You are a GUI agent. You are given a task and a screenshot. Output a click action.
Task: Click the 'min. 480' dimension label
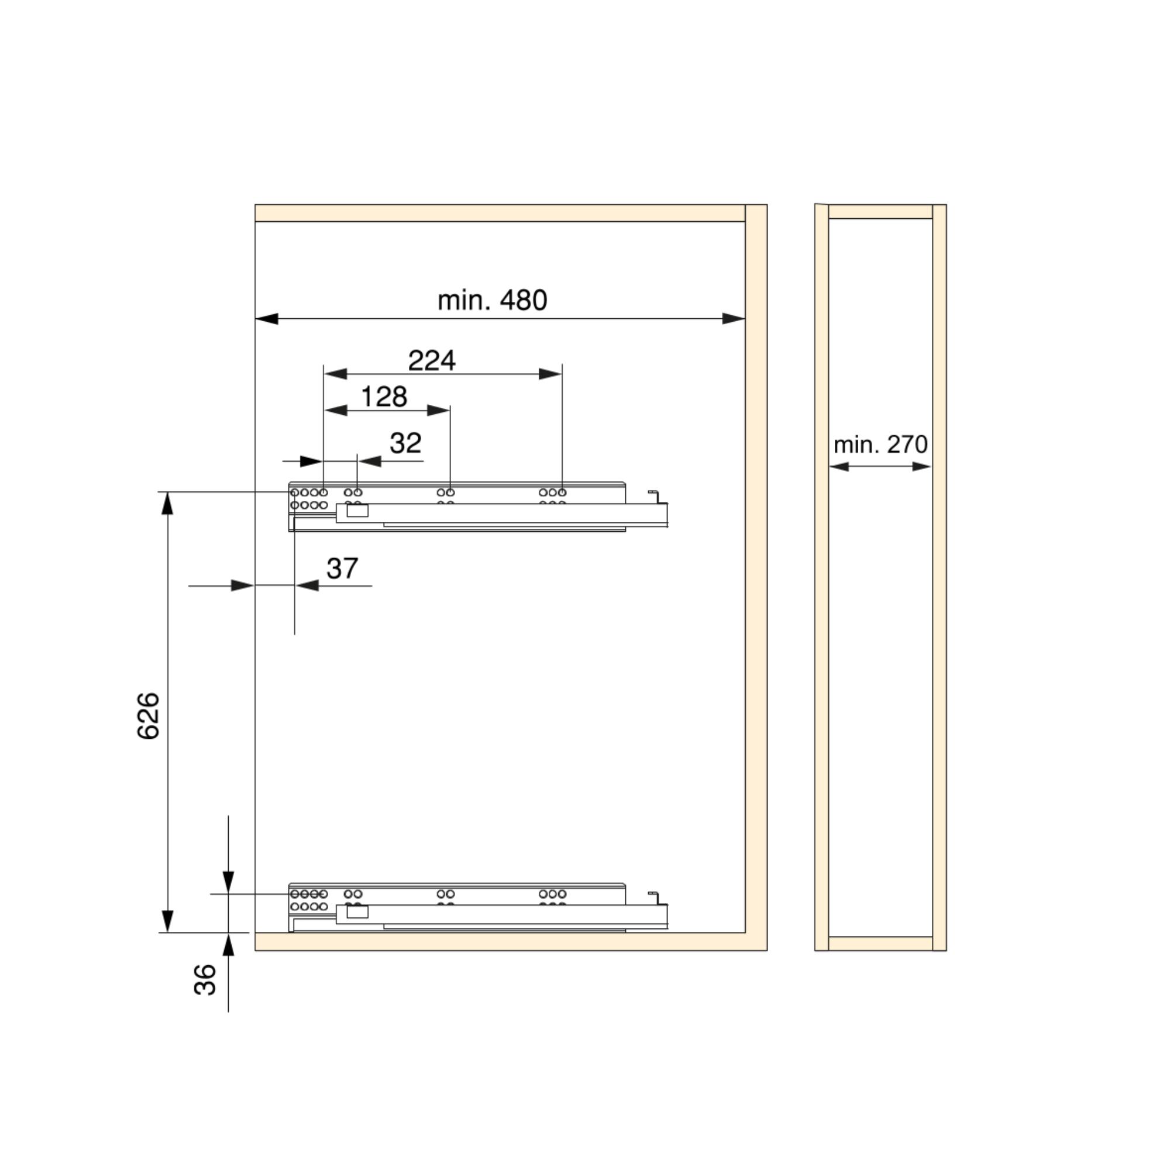pyautogui.click(x=492, y=300)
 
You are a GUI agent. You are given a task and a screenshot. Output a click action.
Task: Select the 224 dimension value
pyautogui.click(x=432, y=360)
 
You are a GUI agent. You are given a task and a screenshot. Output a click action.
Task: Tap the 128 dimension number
pyautogui.click(x=384, y=397)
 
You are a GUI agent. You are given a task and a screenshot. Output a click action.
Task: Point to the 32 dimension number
pyautogui.click(x=405, y=443)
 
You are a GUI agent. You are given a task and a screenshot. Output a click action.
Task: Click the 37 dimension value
pyautogui.click(x=342, y=568)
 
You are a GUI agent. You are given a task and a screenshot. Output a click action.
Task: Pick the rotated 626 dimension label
pyautogui.click(x=149, y=716)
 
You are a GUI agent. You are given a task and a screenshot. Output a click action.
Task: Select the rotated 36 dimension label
pyautogui.click(x=205, y=980)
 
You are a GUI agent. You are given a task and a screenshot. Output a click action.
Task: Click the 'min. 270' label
pyautogui.click(x=880, y=445)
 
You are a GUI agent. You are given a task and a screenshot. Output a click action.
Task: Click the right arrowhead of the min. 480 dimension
pyautogui.click(x=734, y=319)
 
